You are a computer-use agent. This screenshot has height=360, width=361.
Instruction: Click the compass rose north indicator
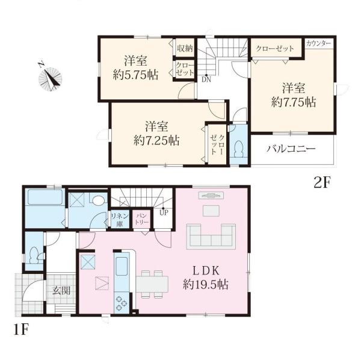(50, 79)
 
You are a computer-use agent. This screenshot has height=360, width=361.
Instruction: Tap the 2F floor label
(322, 183)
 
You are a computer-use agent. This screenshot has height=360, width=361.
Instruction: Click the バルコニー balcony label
(291, 149)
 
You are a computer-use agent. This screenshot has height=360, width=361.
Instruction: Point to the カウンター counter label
(319, 43)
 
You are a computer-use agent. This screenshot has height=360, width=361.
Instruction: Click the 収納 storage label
(185, 48)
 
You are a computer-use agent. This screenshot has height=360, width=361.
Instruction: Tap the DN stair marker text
(206, 79)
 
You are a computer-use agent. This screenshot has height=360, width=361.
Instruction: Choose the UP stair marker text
(164, 213)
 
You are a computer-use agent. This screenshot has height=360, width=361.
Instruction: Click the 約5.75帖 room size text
(135, 75)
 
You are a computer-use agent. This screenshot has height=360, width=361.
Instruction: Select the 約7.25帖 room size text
(156, 140)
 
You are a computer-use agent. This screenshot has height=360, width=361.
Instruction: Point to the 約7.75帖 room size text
(294, 102)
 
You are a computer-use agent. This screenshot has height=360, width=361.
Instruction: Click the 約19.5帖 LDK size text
(206, 285)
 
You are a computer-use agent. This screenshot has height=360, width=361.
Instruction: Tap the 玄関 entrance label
(61, 290)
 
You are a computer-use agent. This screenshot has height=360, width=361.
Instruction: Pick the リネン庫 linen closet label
(120, 220)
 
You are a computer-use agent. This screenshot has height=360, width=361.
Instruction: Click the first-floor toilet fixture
(35, 255)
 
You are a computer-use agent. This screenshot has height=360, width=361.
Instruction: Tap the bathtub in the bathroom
(45, 197)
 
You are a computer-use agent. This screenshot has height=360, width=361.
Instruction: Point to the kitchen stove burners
(122, 303)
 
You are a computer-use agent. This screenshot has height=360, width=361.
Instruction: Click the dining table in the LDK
(152, 284)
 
